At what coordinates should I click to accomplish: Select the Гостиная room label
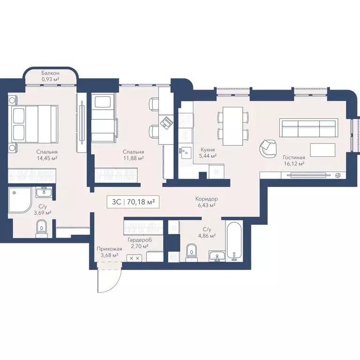[x=294, y=157]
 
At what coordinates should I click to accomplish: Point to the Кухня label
[x=207, y=149]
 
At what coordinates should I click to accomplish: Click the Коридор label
[x=206, y=199]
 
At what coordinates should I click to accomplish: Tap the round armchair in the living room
[x=269, y=149]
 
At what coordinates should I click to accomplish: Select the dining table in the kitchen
[x=232, y=126]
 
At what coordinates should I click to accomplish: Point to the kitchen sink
[x=185, y=151]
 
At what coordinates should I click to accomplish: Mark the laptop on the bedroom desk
[x=166, y=122]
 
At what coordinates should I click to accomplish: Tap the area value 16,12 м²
[x=294, y=164]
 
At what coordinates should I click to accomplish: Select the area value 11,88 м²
[x=133, y=158]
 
